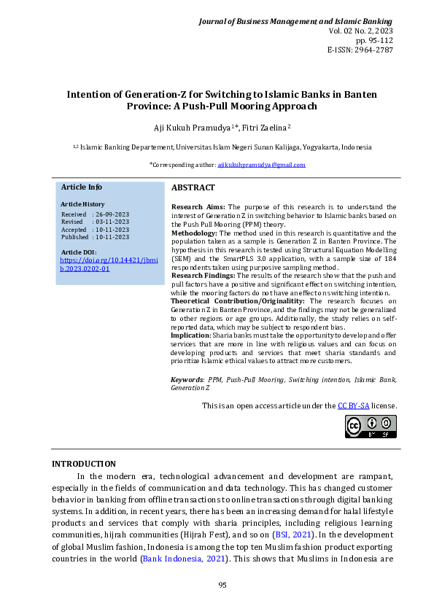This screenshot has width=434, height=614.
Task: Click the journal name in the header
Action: [x=296, y=22]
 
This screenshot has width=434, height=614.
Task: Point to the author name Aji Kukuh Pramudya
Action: [x=193, y=128]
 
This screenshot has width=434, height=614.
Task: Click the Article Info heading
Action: [x=81, y=187]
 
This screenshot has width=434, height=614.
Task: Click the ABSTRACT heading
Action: [x=193, y=188]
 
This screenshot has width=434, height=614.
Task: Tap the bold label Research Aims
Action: [x=198, y=207]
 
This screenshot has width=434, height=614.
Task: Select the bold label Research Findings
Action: [x=204, y=275]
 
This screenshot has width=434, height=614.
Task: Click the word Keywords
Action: [x=187, y=380]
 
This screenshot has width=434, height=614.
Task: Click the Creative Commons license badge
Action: [x=371, y=427]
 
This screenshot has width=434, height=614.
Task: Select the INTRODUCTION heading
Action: [x=83, y=464]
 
